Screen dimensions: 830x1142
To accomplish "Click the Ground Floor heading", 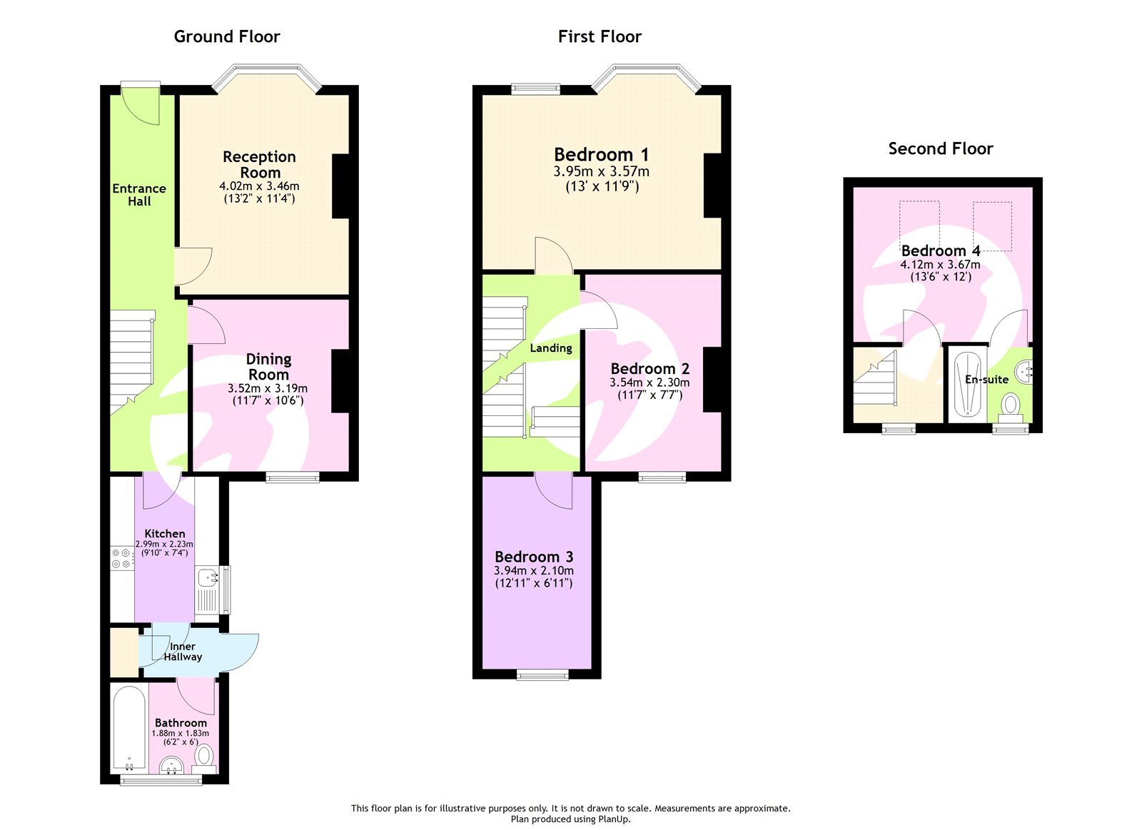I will [227, 36].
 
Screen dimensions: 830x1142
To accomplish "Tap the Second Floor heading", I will [940, 148].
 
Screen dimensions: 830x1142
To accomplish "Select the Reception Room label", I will [259, 165].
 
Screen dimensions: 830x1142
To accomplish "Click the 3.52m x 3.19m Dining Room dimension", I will [268, 388].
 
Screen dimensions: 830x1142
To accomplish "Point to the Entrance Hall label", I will [139, 195].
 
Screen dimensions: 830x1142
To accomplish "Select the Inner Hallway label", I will [183, 652].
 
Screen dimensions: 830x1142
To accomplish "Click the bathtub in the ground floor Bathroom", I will [129, 728].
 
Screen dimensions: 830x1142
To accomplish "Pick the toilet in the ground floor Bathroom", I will [205, 755].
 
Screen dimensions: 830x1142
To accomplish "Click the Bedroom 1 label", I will [601, 154].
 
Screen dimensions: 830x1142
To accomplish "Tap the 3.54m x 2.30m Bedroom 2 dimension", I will [650, 383].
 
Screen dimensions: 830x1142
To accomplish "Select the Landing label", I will [550, 348].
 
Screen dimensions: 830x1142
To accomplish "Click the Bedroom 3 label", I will [534, 557].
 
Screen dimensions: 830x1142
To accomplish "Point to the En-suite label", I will [986, 380].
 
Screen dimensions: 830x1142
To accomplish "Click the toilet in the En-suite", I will [1011, 406].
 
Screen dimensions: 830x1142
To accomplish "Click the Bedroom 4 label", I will [940, 250].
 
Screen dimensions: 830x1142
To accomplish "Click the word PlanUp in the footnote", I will [613, 819].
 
